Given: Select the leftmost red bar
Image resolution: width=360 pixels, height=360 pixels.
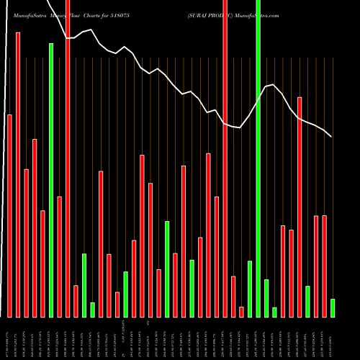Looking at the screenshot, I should (x=9, y=216).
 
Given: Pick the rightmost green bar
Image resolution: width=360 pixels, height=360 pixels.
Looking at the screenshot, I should (x=333, y=308).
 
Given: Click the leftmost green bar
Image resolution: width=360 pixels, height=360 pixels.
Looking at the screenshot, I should (x=51, y=180).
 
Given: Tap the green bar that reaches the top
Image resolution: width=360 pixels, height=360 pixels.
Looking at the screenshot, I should (x=258, y=158).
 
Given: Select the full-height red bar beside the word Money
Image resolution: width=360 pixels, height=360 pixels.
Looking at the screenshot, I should (x=68, y=158).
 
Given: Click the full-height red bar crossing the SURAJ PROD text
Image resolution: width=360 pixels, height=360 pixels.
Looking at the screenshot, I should (x=225, y=158).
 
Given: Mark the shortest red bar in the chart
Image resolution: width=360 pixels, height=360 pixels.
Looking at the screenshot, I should (x=242, y=312).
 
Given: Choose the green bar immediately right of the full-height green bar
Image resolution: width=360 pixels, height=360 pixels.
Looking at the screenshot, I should (x=266, y=298).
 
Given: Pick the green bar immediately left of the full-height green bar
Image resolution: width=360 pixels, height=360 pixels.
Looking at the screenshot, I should (x=250, y=289).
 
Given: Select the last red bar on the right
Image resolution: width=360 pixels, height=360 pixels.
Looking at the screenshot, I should (x=325, y=266).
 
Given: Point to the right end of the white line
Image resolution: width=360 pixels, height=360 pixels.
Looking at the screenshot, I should (x=331, y=137).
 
